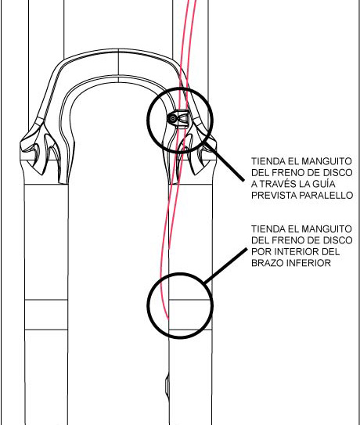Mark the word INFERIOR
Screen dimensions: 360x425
click(308, 263)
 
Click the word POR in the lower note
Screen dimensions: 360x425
click(261, 251)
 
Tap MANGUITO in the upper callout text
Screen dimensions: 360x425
click(326, 161)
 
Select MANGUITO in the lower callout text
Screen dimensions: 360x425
click(326, 229)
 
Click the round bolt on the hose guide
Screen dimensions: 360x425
click(172, 118)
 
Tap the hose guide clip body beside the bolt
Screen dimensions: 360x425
click(182, 119)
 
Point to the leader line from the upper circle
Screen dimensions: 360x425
click(224, 162)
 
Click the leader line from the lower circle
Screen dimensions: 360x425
click(225, 265)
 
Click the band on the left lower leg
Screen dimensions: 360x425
click(46, 315)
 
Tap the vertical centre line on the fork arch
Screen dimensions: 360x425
click(118, 66)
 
